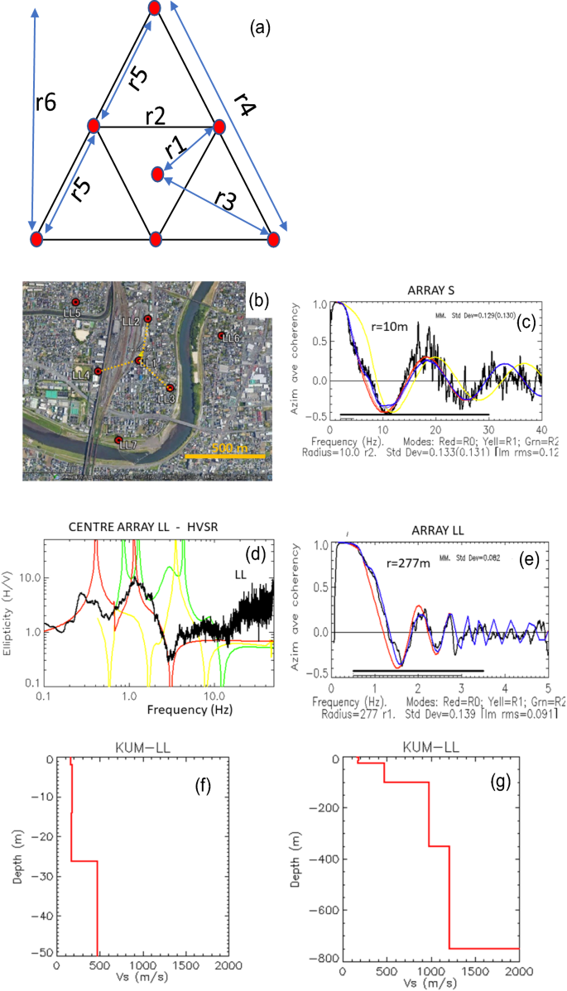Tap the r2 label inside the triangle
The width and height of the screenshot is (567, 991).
point(155,117)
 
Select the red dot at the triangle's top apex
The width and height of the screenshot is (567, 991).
point(155,7)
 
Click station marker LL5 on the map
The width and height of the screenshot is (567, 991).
point(75,303)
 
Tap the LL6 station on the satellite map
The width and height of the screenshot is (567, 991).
point(221,335)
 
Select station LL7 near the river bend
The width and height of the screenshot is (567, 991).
point(118,439)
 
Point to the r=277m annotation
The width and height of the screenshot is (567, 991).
point(411,565)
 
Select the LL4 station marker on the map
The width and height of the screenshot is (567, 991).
point(98,371)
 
